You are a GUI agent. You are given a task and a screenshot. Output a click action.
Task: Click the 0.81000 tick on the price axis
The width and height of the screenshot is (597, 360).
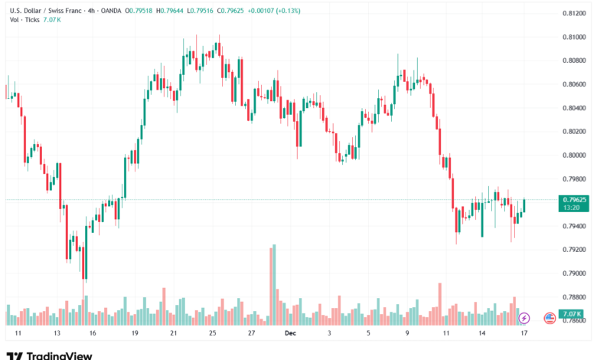tap(574, 37)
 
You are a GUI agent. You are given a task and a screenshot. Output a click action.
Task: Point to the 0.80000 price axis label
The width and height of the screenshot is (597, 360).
tap(574, 155)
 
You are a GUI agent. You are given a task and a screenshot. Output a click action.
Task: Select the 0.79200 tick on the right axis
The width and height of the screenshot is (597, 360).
tap(574, 250)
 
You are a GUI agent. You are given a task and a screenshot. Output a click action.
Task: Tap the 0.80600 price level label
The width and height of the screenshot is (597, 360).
tap(574, 84)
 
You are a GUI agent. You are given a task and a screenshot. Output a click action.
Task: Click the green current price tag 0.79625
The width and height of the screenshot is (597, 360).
tap(574, 200)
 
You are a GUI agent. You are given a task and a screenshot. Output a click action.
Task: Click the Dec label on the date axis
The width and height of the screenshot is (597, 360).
tap(289, 334)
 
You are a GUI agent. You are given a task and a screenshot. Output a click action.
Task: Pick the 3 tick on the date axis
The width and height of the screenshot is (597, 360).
tap(329, 334)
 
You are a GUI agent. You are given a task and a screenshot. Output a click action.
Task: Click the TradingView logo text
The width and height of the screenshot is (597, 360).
tap(60, 355)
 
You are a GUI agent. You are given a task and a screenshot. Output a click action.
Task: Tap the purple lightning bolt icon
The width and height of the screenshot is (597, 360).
tap(524, 317)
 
